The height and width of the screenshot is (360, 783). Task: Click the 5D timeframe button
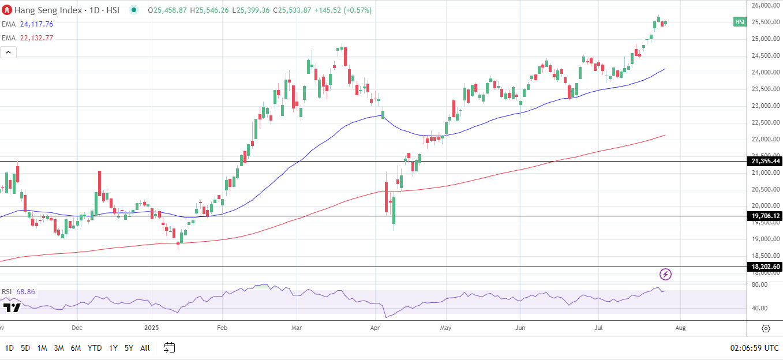(25, 348)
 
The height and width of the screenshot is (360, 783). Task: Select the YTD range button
(95, 348)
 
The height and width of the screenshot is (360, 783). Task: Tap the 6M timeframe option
(76, 348)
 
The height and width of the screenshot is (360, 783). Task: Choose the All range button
(145, 348)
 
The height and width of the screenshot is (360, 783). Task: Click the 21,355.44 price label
(765, 162)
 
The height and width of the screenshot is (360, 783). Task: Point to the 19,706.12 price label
(765, 216)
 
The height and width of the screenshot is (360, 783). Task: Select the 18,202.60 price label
(765, 267)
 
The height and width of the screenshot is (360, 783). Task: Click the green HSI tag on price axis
(740, 22)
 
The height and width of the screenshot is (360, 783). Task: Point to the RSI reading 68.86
(25, 292)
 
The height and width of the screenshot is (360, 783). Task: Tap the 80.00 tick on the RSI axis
(759, 284)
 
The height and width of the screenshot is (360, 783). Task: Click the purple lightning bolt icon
(666, 274)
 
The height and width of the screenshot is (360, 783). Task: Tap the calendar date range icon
(169, 347)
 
